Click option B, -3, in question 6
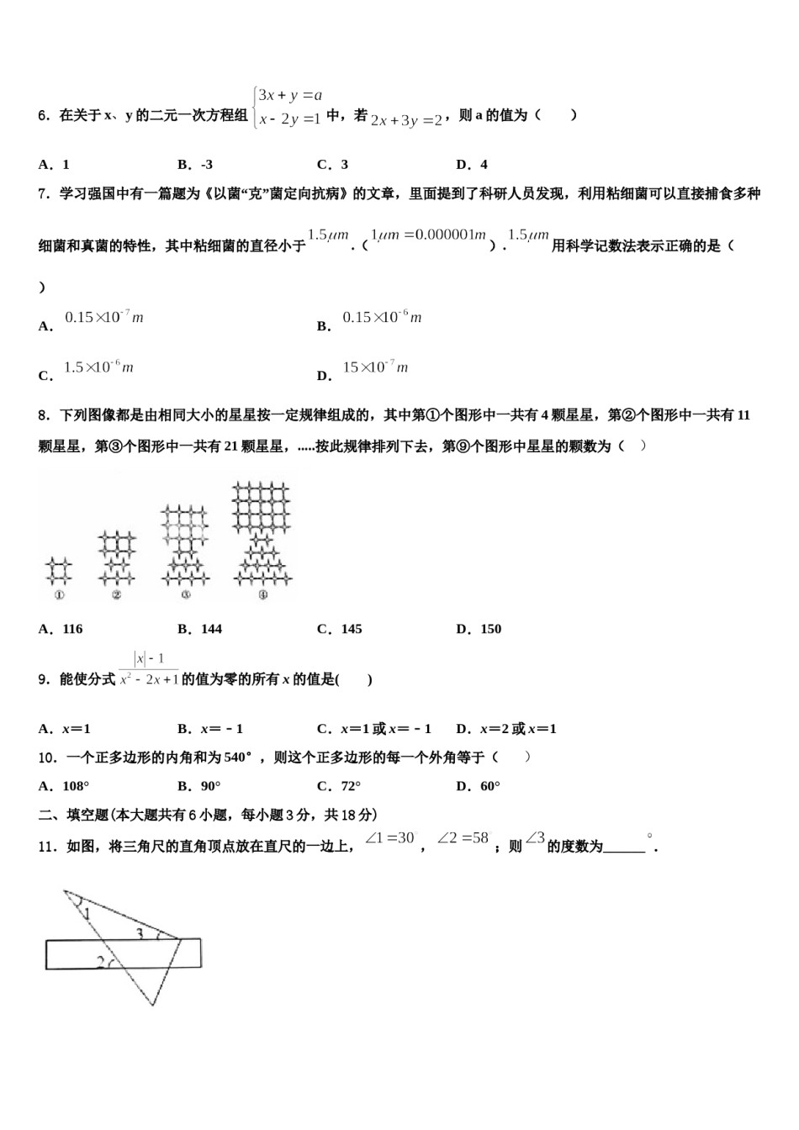tap(195, 165)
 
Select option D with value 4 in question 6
tap(472, 165)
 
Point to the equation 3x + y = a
tap(291, 96)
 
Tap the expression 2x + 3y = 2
tap(407, 120)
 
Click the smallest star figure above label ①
tap(59, 571)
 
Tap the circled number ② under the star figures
tap(116, 595)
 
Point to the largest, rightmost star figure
tap(262, 533)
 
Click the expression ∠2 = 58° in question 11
tap(463, 838)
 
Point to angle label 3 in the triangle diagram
tap(140, 933)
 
